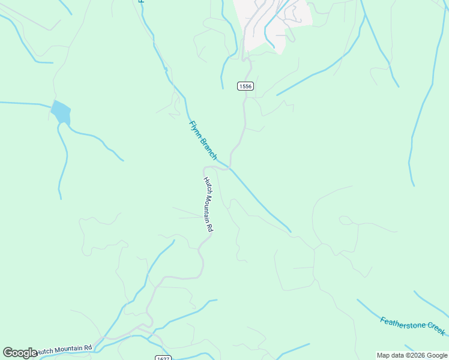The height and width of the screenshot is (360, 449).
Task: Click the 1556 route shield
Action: pos(245,86)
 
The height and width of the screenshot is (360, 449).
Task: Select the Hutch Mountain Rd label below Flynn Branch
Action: pos(208,205)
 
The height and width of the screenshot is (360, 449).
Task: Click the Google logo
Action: pos(20,353)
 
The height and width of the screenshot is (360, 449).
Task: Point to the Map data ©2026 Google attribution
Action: pos(411,355)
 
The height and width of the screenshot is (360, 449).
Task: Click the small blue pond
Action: pos(61,112)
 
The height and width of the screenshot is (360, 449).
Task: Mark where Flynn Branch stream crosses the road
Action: pos(229,167)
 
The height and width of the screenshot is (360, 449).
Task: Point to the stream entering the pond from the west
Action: pos(24,103)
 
